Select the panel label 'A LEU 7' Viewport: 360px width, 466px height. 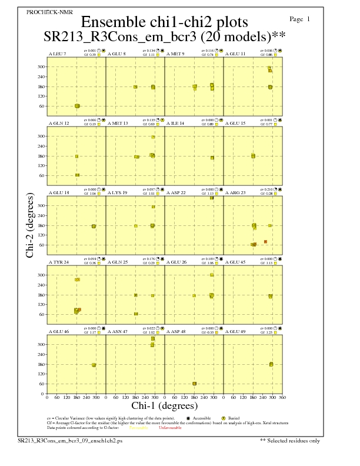(x=57, y=54)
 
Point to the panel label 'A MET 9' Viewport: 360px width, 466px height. (x=175, y=54)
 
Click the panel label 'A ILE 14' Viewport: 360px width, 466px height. (x=175, y=124)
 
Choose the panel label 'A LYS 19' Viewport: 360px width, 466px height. (x=118, y=192)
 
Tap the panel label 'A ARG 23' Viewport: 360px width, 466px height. (x=235, y=192)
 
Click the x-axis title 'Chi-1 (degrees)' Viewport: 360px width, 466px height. (x=165, y=405)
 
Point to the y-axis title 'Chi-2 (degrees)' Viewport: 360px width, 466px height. (x=30, y=225)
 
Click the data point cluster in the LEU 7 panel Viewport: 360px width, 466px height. (x=77, y=106)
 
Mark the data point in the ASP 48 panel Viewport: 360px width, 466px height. (x=194, y=384)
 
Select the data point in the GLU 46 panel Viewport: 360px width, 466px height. (x=94, y=365)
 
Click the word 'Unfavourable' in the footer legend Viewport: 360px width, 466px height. (x=169, y=428)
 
